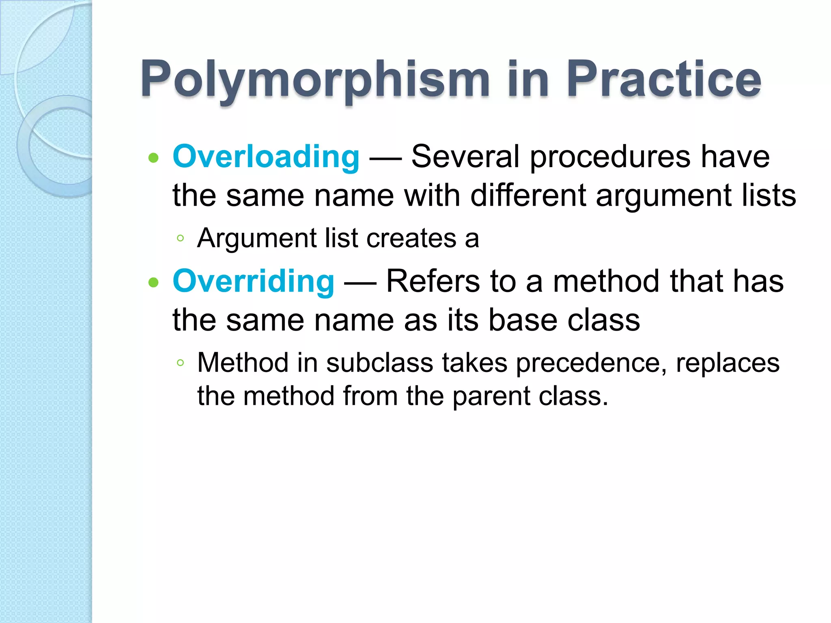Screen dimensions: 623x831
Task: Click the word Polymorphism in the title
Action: coord(315,80)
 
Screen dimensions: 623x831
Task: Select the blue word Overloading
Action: coord(266,157)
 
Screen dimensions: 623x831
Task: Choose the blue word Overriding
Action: coord(254,281)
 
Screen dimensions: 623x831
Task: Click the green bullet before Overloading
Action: coord(153,158)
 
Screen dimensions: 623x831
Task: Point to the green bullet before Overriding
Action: coord(153,282)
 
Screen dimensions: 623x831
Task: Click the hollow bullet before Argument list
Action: coord(181,238)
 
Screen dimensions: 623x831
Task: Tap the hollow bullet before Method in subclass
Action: coord(181,363)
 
